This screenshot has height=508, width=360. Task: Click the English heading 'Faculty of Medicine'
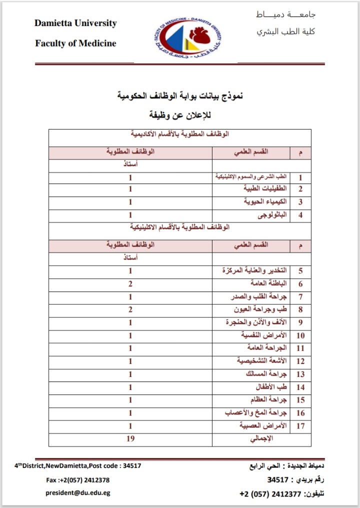click(75, 43)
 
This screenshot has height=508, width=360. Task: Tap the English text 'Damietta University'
click(75, 23)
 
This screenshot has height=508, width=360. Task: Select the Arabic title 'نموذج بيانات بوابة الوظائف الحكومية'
click(180, 95)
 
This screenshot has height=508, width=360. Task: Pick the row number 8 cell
click(300, 310)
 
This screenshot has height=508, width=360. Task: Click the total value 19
click(130, 439)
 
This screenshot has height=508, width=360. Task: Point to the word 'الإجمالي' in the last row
click(261, 439)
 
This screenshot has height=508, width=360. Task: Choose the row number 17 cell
click(300, 426)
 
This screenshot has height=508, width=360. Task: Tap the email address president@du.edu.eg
click(77, 492)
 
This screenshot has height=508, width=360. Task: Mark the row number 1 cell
click(300, 177)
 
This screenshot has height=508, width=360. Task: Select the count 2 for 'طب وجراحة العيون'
click(130, 310)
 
